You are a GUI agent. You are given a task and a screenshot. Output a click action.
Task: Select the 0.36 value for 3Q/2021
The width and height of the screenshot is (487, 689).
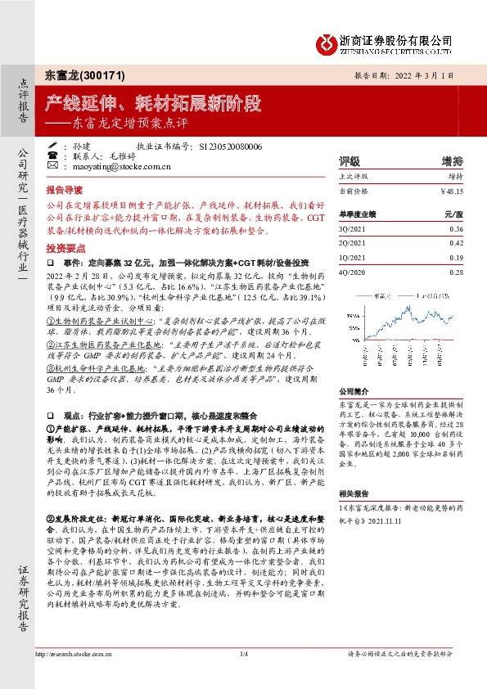[x=456, y=229]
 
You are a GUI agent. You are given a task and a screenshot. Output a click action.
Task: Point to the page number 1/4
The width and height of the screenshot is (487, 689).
[x=243, y=654]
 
